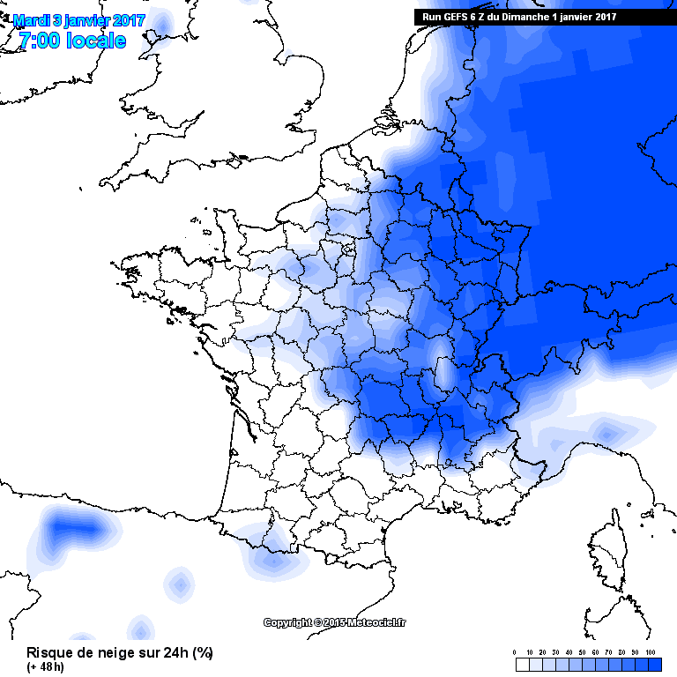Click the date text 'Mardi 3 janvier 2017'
click(79, 19)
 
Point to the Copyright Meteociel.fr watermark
click(336, 622)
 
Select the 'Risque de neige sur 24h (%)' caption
click(119, 653)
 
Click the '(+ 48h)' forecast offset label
click(45, 666)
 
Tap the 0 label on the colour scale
click(514, 652)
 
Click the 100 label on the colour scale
click(651, 652)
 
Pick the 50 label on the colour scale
click(582, 652)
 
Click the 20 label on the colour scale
click(542, 652)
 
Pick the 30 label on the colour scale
click(555, 652)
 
